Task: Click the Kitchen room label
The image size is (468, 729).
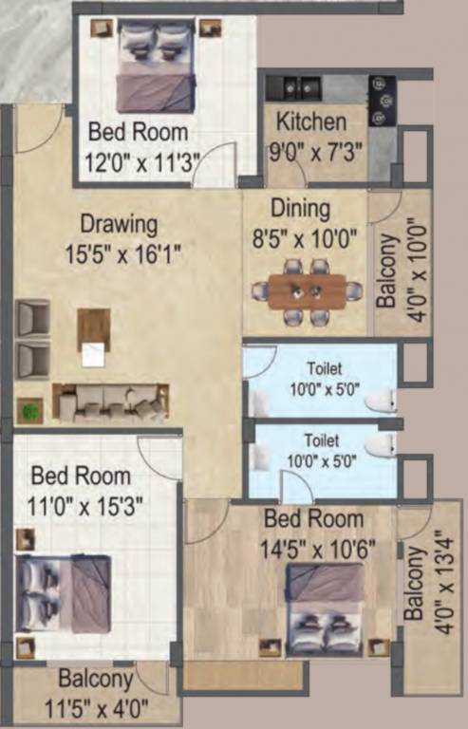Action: [310, 122]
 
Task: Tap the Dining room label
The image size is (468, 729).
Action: [301, 208]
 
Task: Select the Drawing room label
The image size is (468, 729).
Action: [118, 225]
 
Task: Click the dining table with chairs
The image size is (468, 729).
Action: [307, 292]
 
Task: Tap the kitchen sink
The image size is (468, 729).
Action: [298, 87]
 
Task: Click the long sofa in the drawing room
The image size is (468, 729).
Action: [110, 402]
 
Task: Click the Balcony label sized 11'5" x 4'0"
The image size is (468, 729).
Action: [95, 680]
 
